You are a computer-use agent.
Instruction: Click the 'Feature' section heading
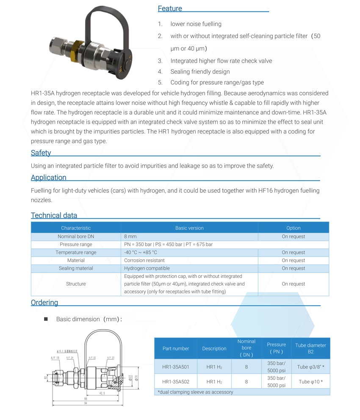click(x=170, y=8)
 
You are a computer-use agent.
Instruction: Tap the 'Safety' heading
click(x=41, y=153)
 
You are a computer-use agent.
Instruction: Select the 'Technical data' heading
click(x=54, y=215)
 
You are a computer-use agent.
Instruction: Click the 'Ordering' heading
click(x=44, y=303)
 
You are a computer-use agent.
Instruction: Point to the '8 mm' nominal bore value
click(x=130, y=236)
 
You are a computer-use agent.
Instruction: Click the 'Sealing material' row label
click(x=76, y=268)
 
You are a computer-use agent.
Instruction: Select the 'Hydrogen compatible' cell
click(x=147, y=268)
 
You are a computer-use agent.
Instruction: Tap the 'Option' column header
click(x=293, y=228)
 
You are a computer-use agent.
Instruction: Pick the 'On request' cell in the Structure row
click(x=293, y=284)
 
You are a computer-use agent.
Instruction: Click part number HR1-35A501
click(x=175, y=367)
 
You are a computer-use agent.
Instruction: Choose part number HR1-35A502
click(x=175, y=382)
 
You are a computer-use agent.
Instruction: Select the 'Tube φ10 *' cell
click(x=310, y=382)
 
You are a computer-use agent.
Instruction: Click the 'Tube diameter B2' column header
click(x=310, y=348)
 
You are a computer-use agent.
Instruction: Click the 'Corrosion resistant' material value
click(x=144, y=260)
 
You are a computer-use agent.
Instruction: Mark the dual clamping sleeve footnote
click(x=195, y=392)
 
